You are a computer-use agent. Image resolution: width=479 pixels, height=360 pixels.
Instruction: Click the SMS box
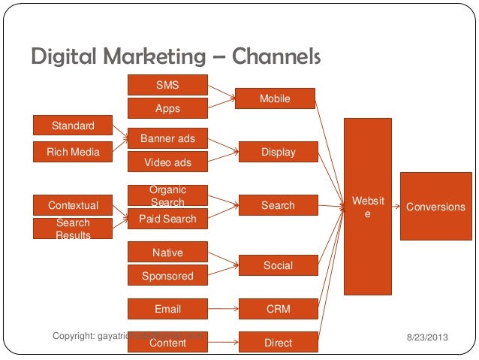click(167, 85)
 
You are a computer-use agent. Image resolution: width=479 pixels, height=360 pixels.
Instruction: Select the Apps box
click(167, 108)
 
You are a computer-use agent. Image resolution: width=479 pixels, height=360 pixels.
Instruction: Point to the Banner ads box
click(167, 138)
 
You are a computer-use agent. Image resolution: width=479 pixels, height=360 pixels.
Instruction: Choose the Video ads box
click(167, 162)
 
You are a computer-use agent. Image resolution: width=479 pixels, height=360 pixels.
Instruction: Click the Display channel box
click(278, 152)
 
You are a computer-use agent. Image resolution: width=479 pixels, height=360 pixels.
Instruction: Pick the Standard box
click(73, 126)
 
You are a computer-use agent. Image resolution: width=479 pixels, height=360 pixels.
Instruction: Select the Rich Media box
click(73, 152)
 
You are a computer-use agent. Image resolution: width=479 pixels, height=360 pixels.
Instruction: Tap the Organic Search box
click(167, 195)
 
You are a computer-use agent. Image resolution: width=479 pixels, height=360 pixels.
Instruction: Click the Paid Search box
click(167, 219)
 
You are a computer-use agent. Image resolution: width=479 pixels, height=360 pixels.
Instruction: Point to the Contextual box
click(73, 205)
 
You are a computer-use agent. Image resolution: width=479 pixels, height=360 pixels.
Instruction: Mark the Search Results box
click(73, 228)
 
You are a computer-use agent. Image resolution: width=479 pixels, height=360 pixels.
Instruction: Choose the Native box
click(167, 253)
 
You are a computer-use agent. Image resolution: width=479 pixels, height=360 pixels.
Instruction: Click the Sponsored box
click(167, 276)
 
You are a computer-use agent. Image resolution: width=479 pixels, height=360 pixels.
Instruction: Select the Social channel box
click(278, 265)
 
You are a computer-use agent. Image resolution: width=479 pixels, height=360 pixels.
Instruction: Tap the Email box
click(167, 309)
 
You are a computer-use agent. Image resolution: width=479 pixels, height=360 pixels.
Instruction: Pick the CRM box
click(278, 309)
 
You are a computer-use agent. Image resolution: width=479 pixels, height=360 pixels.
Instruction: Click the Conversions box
click(435, 206)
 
